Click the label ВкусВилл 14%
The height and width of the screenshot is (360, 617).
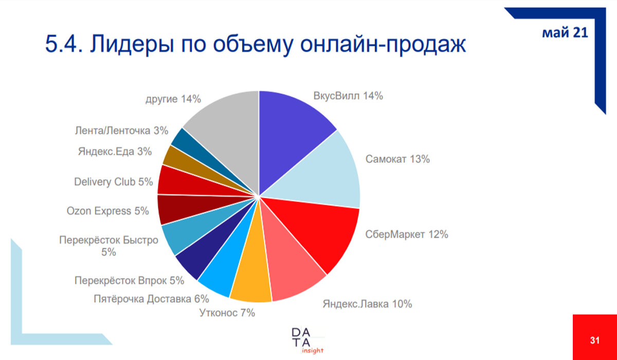[x=348, y=96]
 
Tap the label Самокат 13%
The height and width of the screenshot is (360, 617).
[x=397, y=159]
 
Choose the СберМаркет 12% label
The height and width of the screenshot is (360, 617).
[x=407, y=235]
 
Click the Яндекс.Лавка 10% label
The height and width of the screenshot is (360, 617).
[x=367, y=304]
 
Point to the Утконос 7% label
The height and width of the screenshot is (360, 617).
[x=227, y=312]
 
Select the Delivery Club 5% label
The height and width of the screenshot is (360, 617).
[x=113, y=182]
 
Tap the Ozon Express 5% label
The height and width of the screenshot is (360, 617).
[x=107, y=211]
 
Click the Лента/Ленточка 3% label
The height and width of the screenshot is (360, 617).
[x=121, y=131]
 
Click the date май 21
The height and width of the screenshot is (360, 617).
[x=565, y=33]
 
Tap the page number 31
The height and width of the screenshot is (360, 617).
[x=595, y=340]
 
